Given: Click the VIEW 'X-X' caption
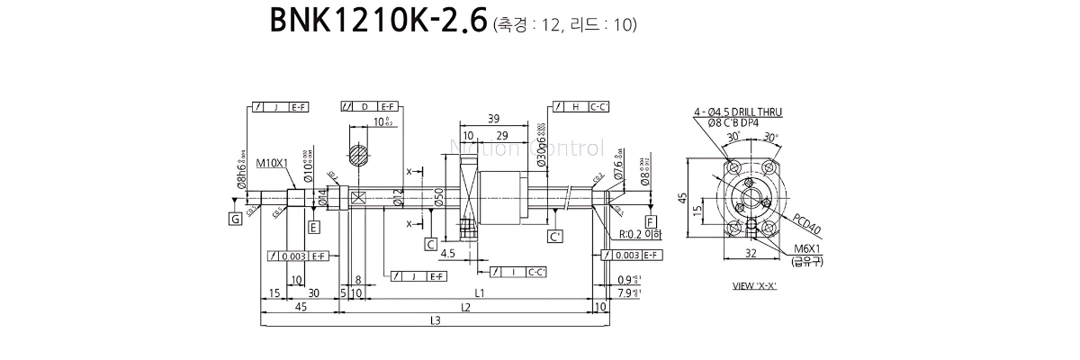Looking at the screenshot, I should [x=754, y=286].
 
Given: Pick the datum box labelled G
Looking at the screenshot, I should [x=235, y=218].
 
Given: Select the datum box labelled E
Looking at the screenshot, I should [x=313, y=226].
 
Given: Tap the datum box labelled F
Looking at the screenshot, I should [x=651, y=221].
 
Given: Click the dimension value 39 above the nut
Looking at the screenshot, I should [x=493, y=119].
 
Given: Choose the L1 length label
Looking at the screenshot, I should [x=480, y=293].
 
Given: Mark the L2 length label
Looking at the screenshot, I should [x=464, y=308].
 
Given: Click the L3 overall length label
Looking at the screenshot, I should [x=435, y=320].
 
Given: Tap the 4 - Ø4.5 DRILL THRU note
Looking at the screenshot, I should [x=737, y=112].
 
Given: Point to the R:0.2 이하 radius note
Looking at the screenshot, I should [x=640, y=234].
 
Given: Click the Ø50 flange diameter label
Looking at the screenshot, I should [x=438, y=199].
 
